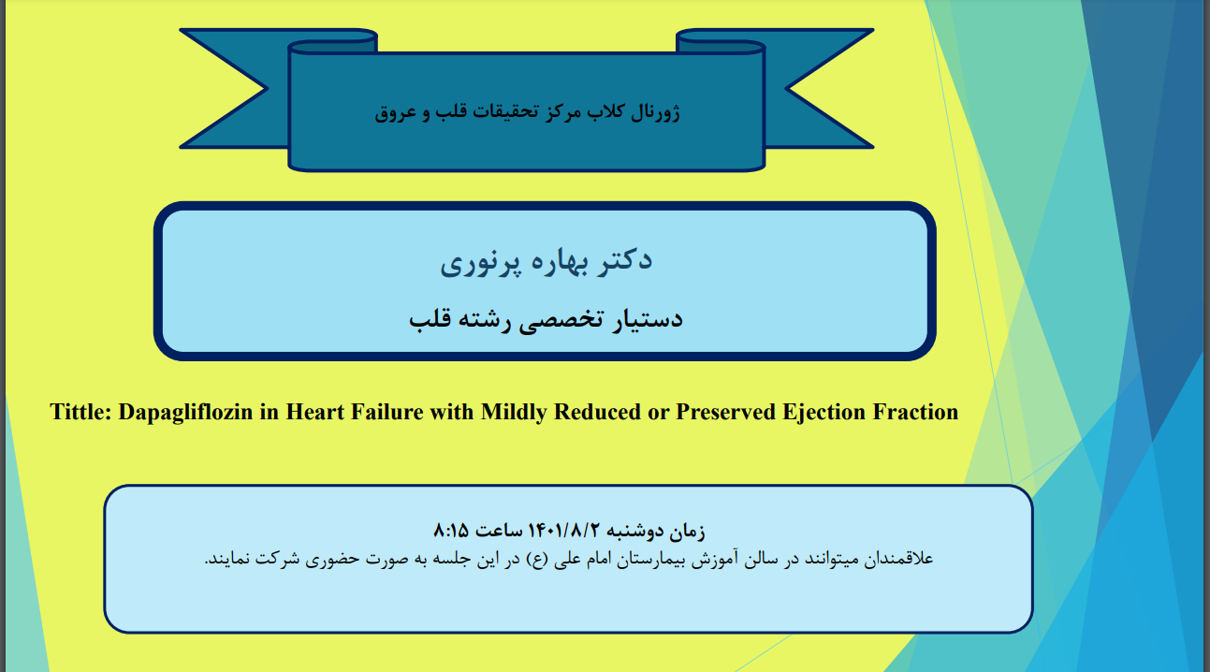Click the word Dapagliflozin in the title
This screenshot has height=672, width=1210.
(x=185, y=413)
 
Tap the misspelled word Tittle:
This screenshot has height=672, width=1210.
(x=80, y=412)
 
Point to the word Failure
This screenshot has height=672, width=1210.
(x=386, y=412)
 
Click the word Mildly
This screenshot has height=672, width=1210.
(x=515, y=413)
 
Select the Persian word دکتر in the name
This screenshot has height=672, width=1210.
(x=624, y=260)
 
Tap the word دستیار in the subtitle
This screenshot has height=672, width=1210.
(x=647, y=319)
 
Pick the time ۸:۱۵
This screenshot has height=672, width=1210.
(x=451, y=531)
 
